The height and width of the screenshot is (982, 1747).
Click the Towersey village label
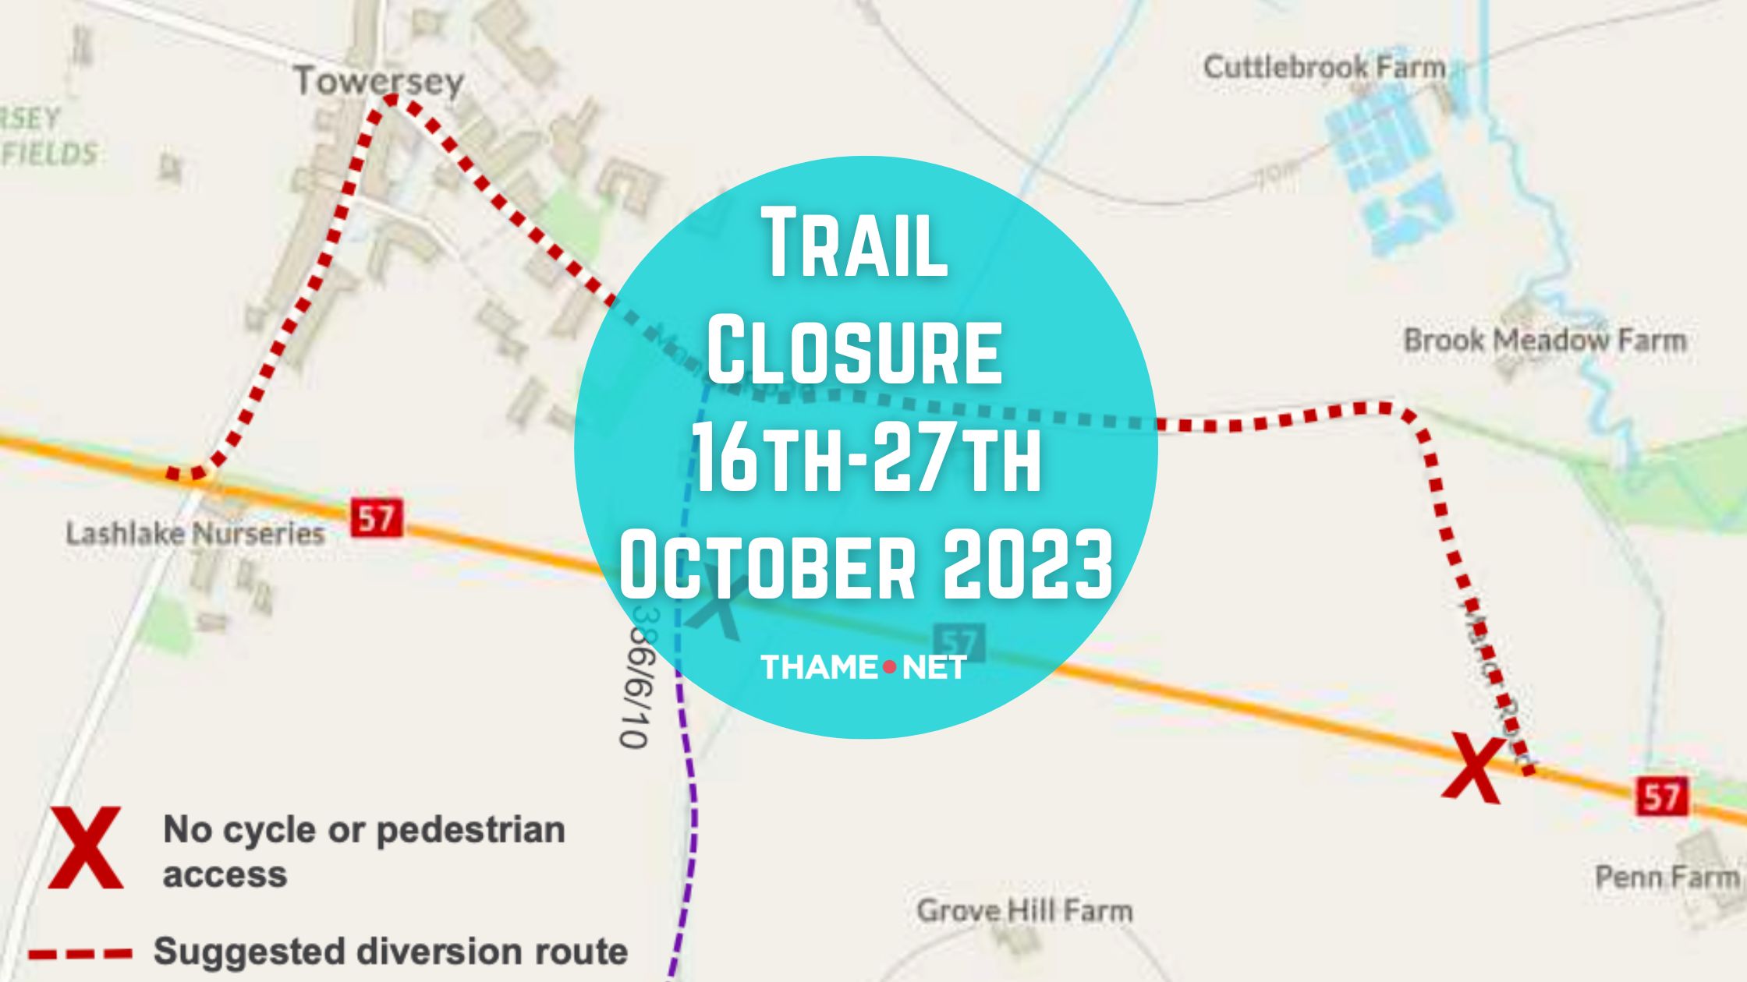coord(378,81)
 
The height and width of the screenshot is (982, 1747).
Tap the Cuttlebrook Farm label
coord(1324,67)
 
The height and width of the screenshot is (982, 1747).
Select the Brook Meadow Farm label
coord(1544,341)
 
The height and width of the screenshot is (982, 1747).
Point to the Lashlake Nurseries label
coord(195,534)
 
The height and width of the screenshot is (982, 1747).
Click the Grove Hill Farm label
coord(1024,910)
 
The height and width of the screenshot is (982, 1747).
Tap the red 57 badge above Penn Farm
coord(1661,797)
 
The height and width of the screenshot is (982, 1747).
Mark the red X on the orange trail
coord(1472,769)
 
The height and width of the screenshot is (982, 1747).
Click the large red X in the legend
coord(86,848)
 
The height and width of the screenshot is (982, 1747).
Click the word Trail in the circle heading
coord(856,243)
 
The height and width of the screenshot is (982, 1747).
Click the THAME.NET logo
coord(863,667)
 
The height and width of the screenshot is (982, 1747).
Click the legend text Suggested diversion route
coord(391,952)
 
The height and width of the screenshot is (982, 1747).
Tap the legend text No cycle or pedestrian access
coord(363,851)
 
